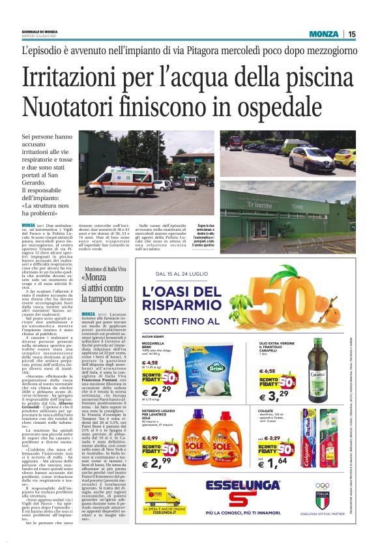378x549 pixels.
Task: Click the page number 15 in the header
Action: click(352, 34)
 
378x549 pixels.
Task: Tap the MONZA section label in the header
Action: click(324, 34)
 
